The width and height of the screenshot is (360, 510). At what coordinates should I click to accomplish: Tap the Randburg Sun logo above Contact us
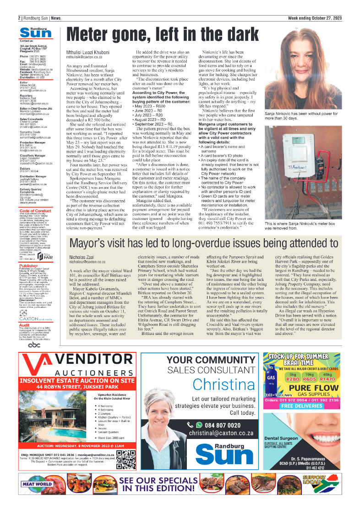36,32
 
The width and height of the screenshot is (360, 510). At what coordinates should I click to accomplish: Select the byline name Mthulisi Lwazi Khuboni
88,53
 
